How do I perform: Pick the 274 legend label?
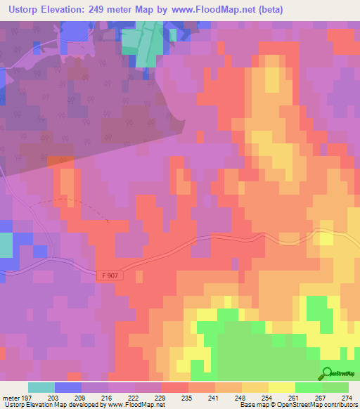tap(347, 397)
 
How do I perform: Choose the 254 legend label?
tap(267, 397)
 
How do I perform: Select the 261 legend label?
tap(294, 397)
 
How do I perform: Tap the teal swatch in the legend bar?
tap(41, 387)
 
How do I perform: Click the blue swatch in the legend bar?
tap(68, 387)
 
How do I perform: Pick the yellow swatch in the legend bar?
tap(281, 387)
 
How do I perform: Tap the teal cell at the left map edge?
tap(6, 245)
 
